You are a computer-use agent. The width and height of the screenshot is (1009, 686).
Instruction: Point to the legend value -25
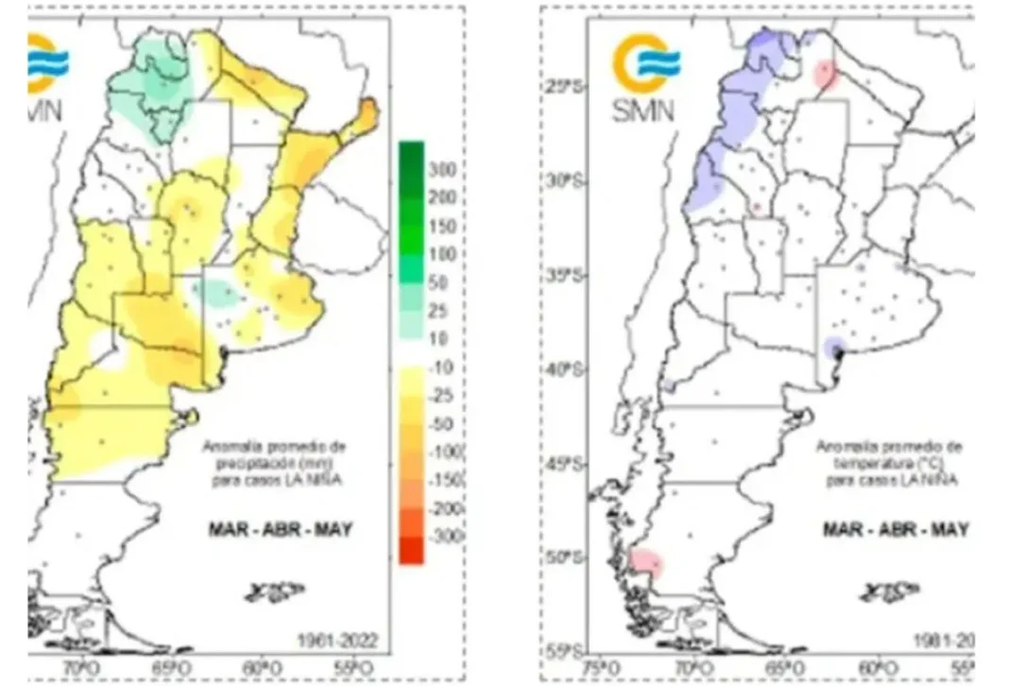[440, 395]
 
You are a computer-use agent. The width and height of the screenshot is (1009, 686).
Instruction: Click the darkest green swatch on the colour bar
[411, 156]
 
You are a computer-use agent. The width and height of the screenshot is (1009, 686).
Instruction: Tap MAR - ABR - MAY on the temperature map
[895, 529]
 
